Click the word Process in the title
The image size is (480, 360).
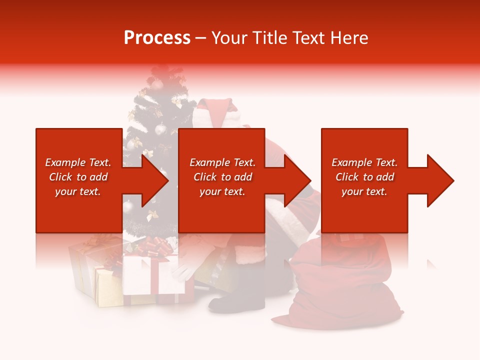point(157,37)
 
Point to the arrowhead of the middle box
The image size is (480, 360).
point(298,180)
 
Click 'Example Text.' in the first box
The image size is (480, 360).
point(78,162)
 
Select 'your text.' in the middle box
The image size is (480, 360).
point(222,191)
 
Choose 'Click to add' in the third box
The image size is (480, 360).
point(364,177)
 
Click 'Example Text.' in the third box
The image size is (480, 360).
point(364,162)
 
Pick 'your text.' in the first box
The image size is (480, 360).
point(78,191)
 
